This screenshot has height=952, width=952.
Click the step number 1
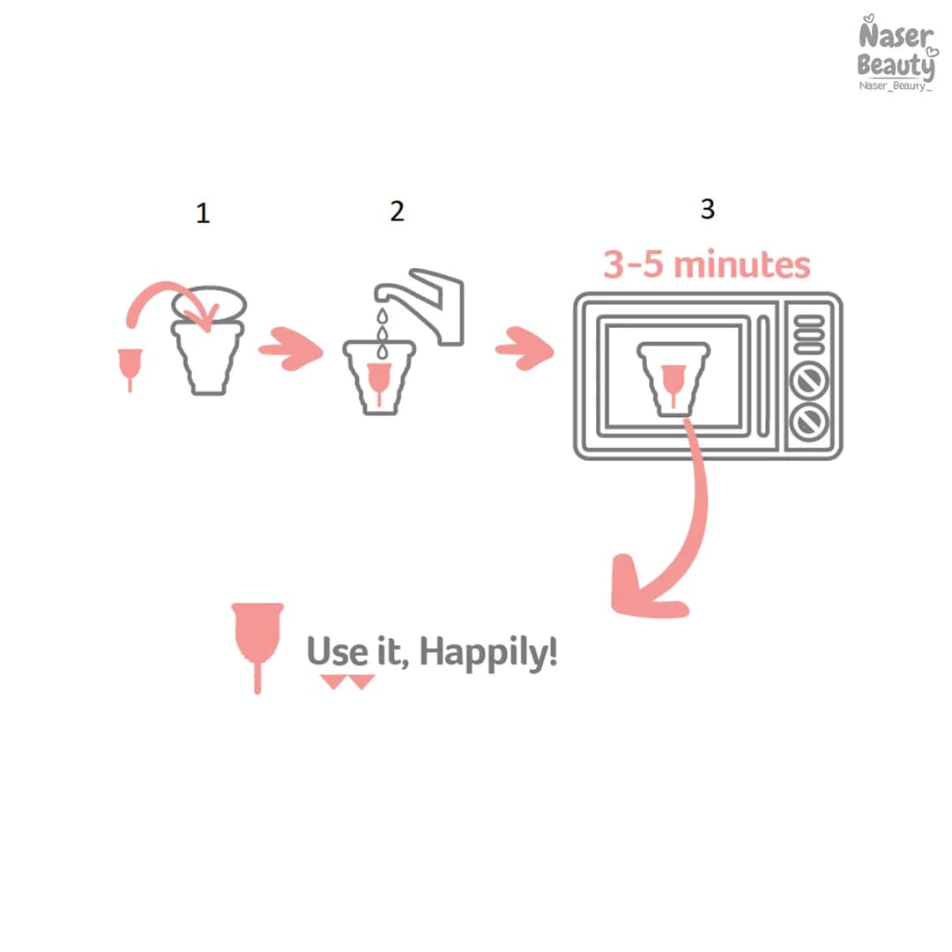[x=203, y=213]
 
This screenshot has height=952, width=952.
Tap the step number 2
[x=397, y=212]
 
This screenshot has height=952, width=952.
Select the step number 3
[x=707, y=209]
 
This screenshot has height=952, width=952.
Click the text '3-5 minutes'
[x=707, y=264]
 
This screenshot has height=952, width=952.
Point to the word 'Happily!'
[x=488, y=653]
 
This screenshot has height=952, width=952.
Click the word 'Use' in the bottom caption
[x=337, y=651]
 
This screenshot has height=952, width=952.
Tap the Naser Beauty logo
[x=896, y=54]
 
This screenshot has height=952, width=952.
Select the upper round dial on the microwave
[x=809, y=381]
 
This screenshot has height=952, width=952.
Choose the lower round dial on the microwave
[x=809, y=420]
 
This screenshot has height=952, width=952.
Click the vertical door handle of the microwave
[x=763, y=376]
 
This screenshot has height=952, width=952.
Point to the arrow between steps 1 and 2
[x=291, y=348]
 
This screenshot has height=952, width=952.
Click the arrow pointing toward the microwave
[x=525, y=348]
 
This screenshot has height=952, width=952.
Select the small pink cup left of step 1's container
[x=130, y=368]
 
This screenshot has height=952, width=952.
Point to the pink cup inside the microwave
[x=673, y=383]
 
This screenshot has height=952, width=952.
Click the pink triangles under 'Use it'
[x=347, y=681]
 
